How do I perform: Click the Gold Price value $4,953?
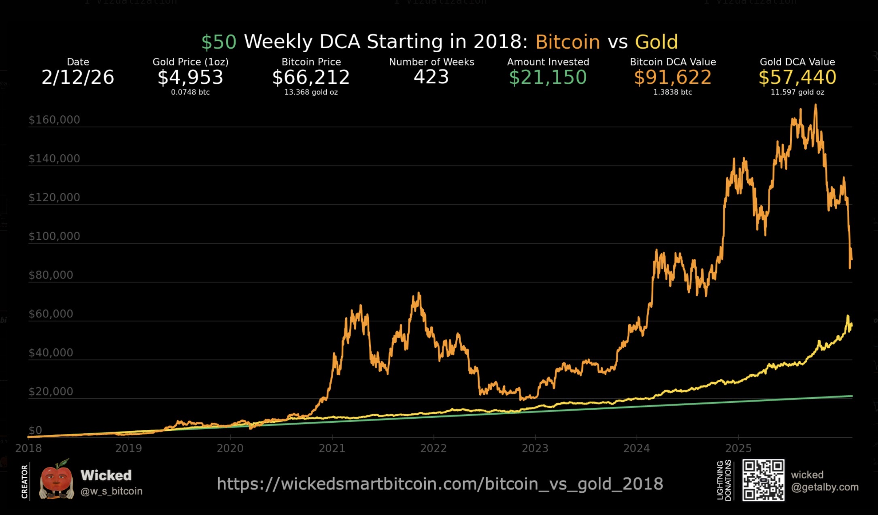click(x=190, y=77)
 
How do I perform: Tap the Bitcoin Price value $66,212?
click(x=311, y=77)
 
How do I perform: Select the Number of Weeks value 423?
click(x=431, y=77)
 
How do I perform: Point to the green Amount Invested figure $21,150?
click(x=548, y=77)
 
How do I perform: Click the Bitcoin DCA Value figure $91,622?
click(x=672, y=77)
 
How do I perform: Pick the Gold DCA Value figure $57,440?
click(x=797, y=77)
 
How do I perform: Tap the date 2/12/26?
click(x=78, y=77)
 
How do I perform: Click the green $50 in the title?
click(x=219, y=42)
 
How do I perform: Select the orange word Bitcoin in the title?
click(x=568, y=42)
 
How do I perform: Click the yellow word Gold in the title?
click(x=656, y=42)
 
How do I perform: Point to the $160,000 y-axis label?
click(x=54, y=120)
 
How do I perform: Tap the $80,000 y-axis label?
click(x=51, y=275)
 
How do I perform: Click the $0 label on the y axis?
click(x=35, y=430)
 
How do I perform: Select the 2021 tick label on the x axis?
click(x=332, y=448)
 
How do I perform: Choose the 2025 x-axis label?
click(x=738, y=448)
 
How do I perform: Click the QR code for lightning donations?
click(x=763, y=480)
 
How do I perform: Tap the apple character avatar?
click(x=57, y=480)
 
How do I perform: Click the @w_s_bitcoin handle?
click(x=111, y=491)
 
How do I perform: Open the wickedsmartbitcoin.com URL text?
click(x=440, y=484)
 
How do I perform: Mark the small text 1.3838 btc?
click(x=672, y=92)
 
